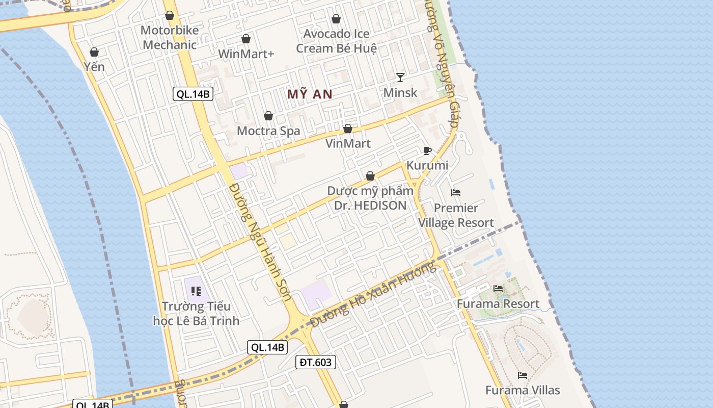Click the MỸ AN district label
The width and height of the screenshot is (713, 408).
310,94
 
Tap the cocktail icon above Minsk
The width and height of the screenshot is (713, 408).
400,78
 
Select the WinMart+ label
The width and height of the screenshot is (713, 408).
246,54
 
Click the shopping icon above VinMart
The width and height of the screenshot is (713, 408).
348,129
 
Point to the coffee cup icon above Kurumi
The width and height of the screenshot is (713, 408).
427,150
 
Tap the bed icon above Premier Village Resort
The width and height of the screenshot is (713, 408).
456,193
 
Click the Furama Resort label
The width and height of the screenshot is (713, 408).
498,304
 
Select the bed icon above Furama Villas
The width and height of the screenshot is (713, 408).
523,375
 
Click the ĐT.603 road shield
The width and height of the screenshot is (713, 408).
316,362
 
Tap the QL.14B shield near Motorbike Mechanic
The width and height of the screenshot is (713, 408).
193,94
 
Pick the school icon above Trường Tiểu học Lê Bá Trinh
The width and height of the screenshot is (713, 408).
196,291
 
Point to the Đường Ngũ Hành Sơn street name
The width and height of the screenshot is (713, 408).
260,243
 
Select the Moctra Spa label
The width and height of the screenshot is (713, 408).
268,131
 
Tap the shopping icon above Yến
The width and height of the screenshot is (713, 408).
94,52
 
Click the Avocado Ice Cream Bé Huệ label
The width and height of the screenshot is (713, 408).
337,41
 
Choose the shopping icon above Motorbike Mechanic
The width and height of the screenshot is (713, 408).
170,16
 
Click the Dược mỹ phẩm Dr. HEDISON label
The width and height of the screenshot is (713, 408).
370,198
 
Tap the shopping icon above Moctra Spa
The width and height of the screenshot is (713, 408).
268,116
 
